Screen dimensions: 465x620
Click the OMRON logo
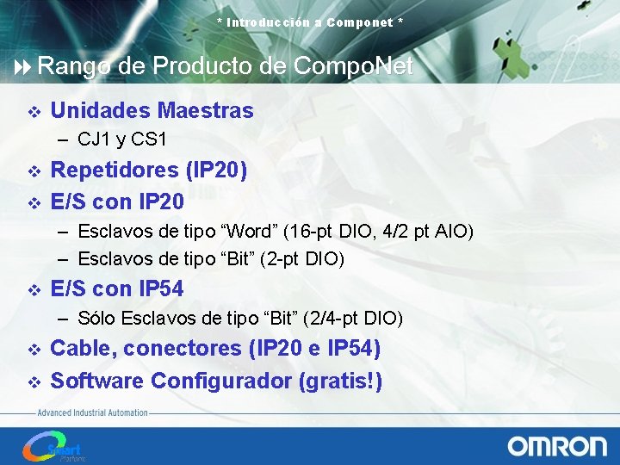click(556, 446)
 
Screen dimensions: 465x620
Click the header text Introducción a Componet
click(310, 22)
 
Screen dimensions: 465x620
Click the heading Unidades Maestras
click(152, 111)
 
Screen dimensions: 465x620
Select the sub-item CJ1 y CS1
click(121, 139)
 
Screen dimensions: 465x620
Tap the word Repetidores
click(115, 170)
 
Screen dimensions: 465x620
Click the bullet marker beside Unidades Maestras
click(34, 112)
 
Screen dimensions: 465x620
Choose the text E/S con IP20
click(117, 201)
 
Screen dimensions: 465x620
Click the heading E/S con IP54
click(117, 288)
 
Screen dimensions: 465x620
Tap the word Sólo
click(97, 319)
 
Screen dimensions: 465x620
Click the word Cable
click(84, 349)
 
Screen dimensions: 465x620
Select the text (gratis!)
click(340, 380)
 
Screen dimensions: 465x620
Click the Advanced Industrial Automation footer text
click(92, 413)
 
